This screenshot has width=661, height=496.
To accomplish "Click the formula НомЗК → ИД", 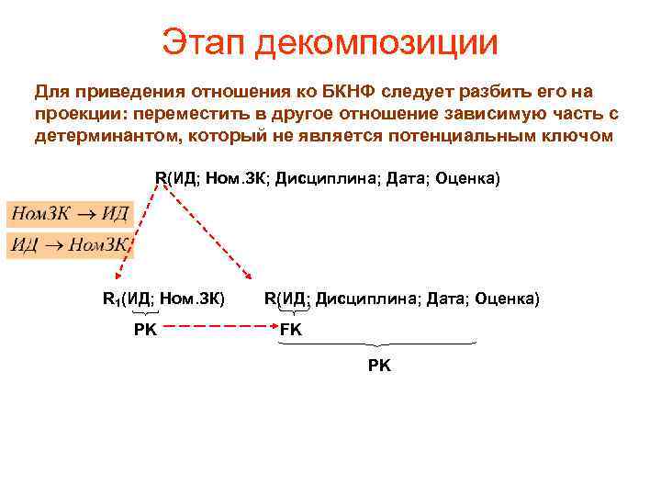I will [x=70, y=214].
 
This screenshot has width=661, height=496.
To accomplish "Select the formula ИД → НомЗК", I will [x=70, y=244].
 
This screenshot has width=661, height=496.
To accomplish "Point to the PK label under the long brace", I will [x=379, y=366].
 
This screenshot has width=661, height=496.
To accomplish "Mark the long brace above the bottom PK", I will [x=379, y=344].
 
